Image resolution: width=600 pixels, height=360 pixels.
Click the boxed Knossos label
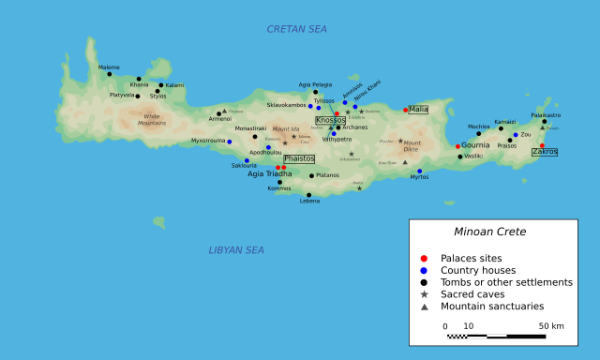(330, 120)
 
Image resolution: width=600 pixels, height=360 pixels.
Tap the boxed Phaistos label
(299, 158)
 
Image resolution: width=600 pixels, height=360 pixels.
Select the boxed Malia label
(418, 109)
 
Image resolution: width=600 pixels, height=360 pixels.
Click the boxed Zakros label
(545, 151)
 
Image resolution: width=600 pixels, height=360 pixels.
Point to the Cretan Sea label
(297, 29)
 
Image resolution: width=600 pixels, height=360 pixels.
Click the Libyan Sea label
(237, 250)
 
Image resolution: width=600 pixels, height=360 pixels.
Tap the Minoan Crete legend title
(490, 232)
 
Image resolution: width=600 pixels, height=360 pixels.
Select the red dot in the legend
(424, 258)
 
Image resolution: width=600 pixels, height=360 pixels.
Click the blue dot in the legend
(424, 270)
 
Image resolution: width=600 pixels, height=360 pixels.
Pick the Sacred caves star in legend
(424, 294)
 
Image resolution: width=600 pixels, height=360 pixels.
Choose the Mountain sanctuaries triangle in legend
(424, 307)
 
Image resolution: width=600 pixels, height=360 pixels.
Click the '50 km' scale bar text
(550, 326)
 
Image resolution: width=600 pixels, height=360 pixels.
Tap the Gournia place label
(476, 145)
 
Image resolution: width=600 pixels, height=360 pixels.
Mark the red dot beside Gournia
(457, 146)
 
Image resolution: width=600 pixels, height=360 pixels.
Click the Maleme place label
(110, 67)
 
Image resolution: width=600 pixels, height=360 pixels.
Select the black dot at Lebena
(308, 195)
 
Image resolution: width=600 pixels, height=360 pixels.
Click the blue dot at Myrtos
(419, 172)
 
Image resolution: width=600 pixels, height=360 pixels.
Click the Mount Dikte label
(412, 145)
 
